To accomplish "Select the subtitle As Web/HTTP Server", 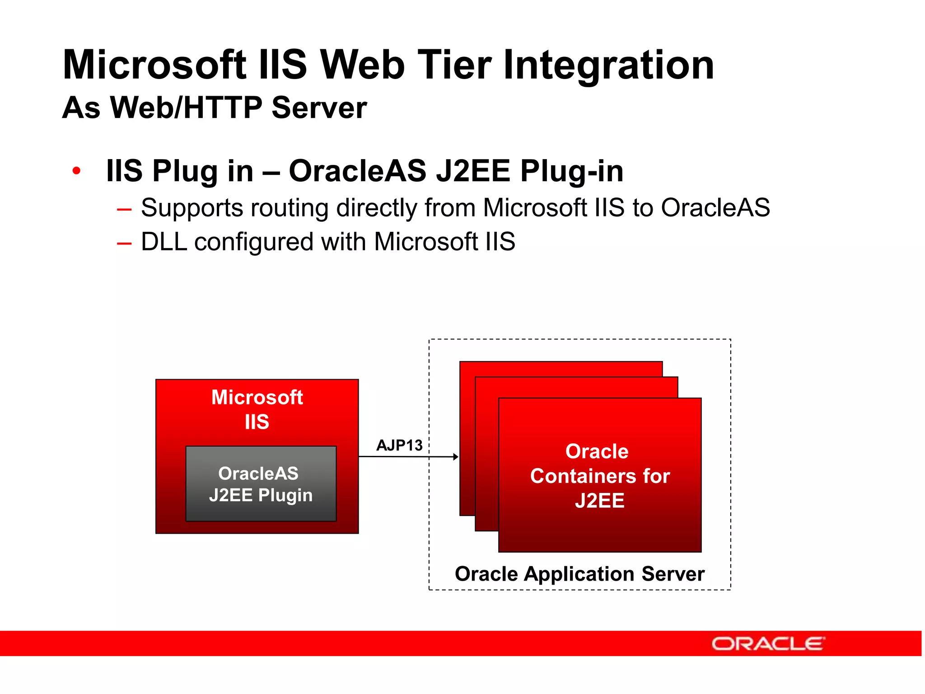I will [x=215, y=108].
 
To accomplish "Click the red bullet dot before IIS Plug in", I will [x=76, y=171].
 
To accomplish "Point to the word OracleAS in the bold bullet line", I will [x=357, y=171].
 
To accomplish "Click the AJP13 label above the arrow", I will [x=399, y=445].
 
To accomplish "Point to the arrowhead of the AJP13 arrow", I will [x=455, y=457].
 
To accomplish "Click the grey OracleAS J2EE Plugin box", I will [x=261, y=484].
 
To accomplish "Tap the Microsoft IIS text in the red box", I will [x=257, y=409].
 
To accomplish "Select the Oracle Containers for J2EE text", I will [x=599, y=476].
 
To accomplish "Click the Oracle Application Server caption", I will [x=579, y=574].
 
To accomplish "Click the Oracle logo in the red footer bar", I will [x=768, y=643].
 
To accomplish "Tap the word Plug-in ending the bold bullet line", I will [x=571, y=171].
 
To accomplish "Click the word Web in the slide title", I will [x=362, y=66].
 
